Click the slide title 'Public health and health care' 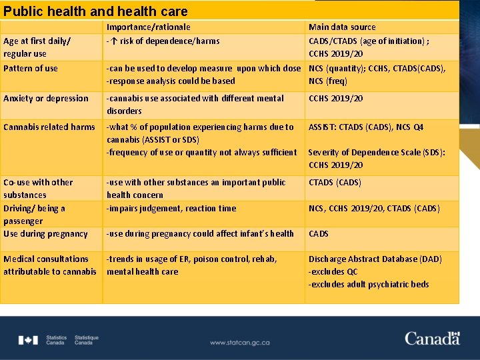tap(95, 11)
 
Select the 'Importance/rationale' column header tap(149, 27)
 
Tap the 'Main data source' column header tap(342, 27)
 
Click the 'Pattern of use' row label tap(31, 69)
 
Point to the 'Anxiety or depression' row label tap(46, 99)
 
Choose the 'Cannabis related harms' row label tap(49, 127)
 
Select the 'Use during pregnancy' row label tap(45, 234)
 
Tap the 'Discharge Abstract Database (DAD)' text tap(375, 259)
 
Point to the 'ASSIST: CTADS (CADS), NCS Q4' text tap(365, 127)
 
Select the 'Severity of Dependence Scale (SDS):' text tap(377, 153)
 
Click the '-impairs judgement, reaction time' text tap(171, 209)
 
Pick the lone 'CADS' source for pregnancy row tap(319, 234)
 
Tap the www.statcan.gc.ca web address tap(239, 343)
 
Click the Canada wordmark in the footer tap(432, 338)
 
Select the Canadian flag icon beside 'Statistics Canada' tap(28, 340)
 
